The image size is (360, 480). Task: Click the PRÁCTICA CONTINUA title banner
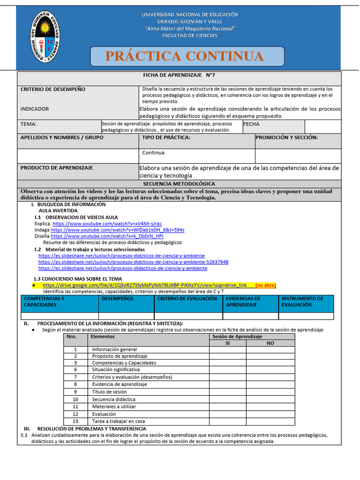(x=187, y=56)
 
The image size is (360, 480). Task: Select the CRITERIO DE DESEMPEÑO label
(x=52, y=89)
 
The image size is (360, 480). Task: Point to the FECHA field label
(x=251, y=124)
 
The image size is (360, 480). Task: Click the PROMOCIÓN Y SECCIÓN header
(x=287, y=137)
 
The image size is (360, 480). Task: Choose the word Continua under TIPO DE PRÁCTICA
(x=153, y=153)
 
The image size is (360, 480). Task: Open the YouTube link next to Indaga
(x=117, y=230)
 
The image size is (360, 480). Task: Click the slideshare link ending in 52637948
(x=133, y=262)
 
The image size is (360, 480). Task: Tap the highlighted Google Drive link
(x=144, y=285)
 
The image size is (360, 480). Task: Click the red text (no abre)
(x=266, y=285)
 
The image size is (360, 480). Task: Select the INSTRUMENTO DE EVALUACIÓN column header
(x=302, y=301)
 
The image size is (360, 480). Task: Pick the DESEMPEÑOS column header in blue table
(x=118, y=299)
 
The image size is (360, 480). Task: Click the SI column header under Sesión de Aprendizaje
(x=227, y=343)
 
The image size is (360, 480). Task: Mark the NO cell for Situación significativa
(x=270, y=370)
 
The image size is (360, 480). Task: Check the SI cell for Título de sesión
(x=227, y=391)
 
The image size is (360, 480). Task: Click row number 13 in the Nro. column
(x=75, y=421)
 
